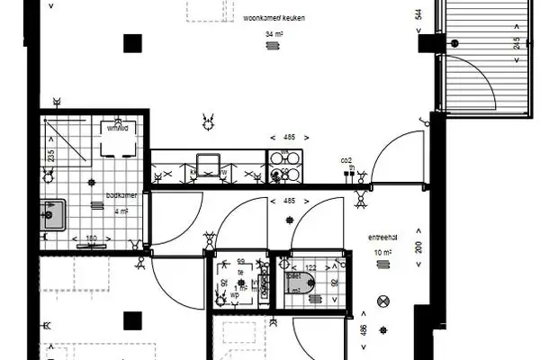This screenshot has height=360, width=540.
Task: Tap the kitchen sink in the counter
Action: (211, 166)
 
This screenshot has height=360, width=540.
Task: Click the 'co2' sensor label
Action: (346, 160)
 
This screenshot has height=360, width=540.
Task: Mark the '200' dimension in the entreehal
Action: (418, 248)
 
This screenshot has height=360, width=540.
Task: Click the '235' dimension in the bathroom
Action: (50, 154)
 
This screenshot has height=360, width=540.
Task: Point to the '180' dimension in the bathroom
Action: (90, 238)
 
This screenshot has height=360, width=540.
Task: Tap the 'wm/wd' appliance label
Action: (117, 128)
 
